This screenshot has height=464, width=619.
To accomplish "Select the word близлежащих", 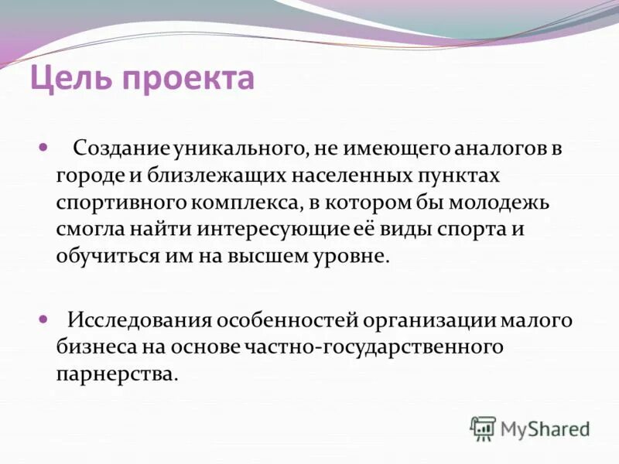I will (x=214, y=176).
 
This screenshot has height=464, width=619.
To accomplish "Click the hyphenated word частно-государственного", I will (x=377, y=347).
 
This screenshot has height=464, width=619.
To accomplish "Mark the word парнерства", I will (x=115, y=374).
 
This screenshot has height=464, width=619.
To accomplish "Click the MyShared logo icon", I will (x=483, y=428).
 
